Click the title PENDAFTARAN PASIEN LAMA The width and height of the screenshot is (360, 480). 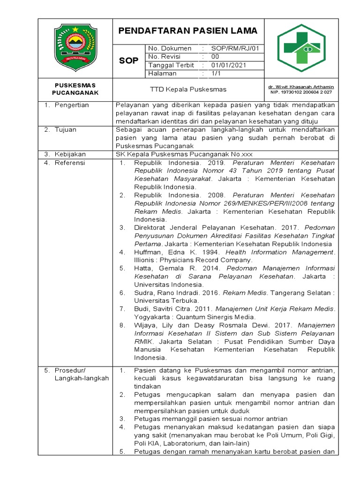(x=187, y=31)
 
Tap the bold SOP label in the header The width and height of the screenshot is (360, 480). (x=128, y=61)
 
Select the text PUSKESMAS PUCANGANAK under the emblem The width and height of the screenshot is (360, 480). (x=75, y=89)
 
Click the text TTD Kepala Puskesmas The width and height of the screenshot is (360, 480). (x=188, y=89)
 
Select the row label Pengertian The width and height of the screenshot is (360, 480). (x=72, y=105)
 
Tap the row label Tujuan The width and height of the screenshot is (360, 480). (x=66, y=129)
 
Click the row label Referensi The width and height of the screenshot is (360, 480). (x=70, y=162)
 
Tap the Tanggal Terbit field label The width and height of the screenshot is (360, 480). (x=171, y=65)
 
